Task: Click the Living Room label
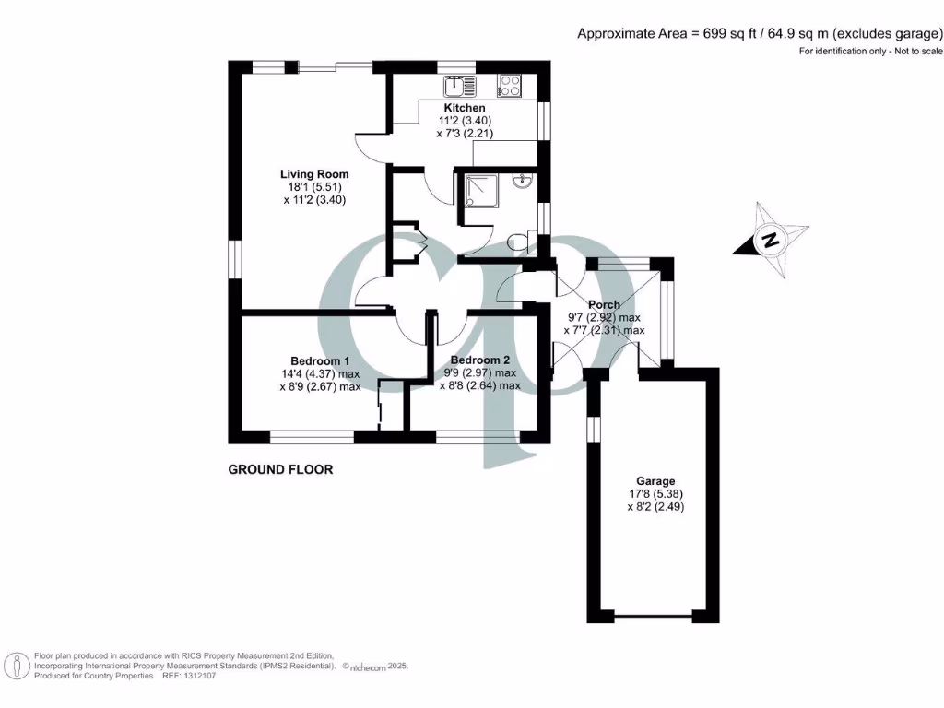314,173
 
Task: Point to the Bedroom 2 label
479,360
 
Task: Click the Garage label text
655,481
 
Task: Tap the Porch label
604,304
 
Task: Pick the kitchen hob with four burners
509,86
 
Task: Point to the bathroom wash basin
524,181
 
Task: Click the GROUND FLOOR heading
280,469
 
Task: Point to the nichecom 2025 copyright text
375,666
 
